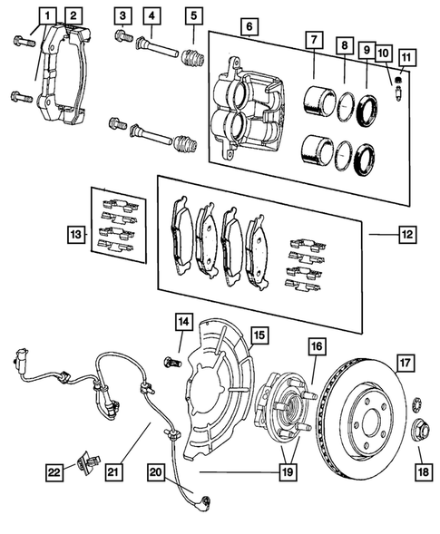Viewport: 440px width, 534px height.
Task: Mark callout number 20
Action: pos(155,471)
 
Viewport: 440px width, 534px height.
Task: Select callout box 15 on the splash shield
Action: pos(259,335)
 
